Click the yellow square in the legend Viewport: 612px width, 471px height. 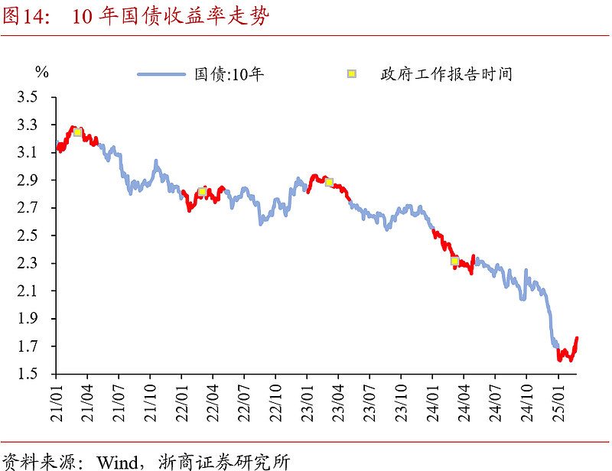(352, 74)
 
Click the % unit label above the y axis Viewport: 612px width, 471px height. (42, 73)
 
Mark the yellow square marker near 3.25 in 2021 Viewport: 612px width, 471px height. (77, 132)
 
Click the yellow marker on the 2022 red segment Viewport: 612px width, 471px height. (202, 192)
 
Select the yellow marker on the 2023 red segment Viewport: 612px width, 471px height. (329, 182)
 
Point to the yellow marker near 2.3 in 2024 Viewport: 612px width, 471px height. (454, 261)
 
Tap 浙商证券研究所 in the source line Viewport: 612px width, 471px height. (225, 462)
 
